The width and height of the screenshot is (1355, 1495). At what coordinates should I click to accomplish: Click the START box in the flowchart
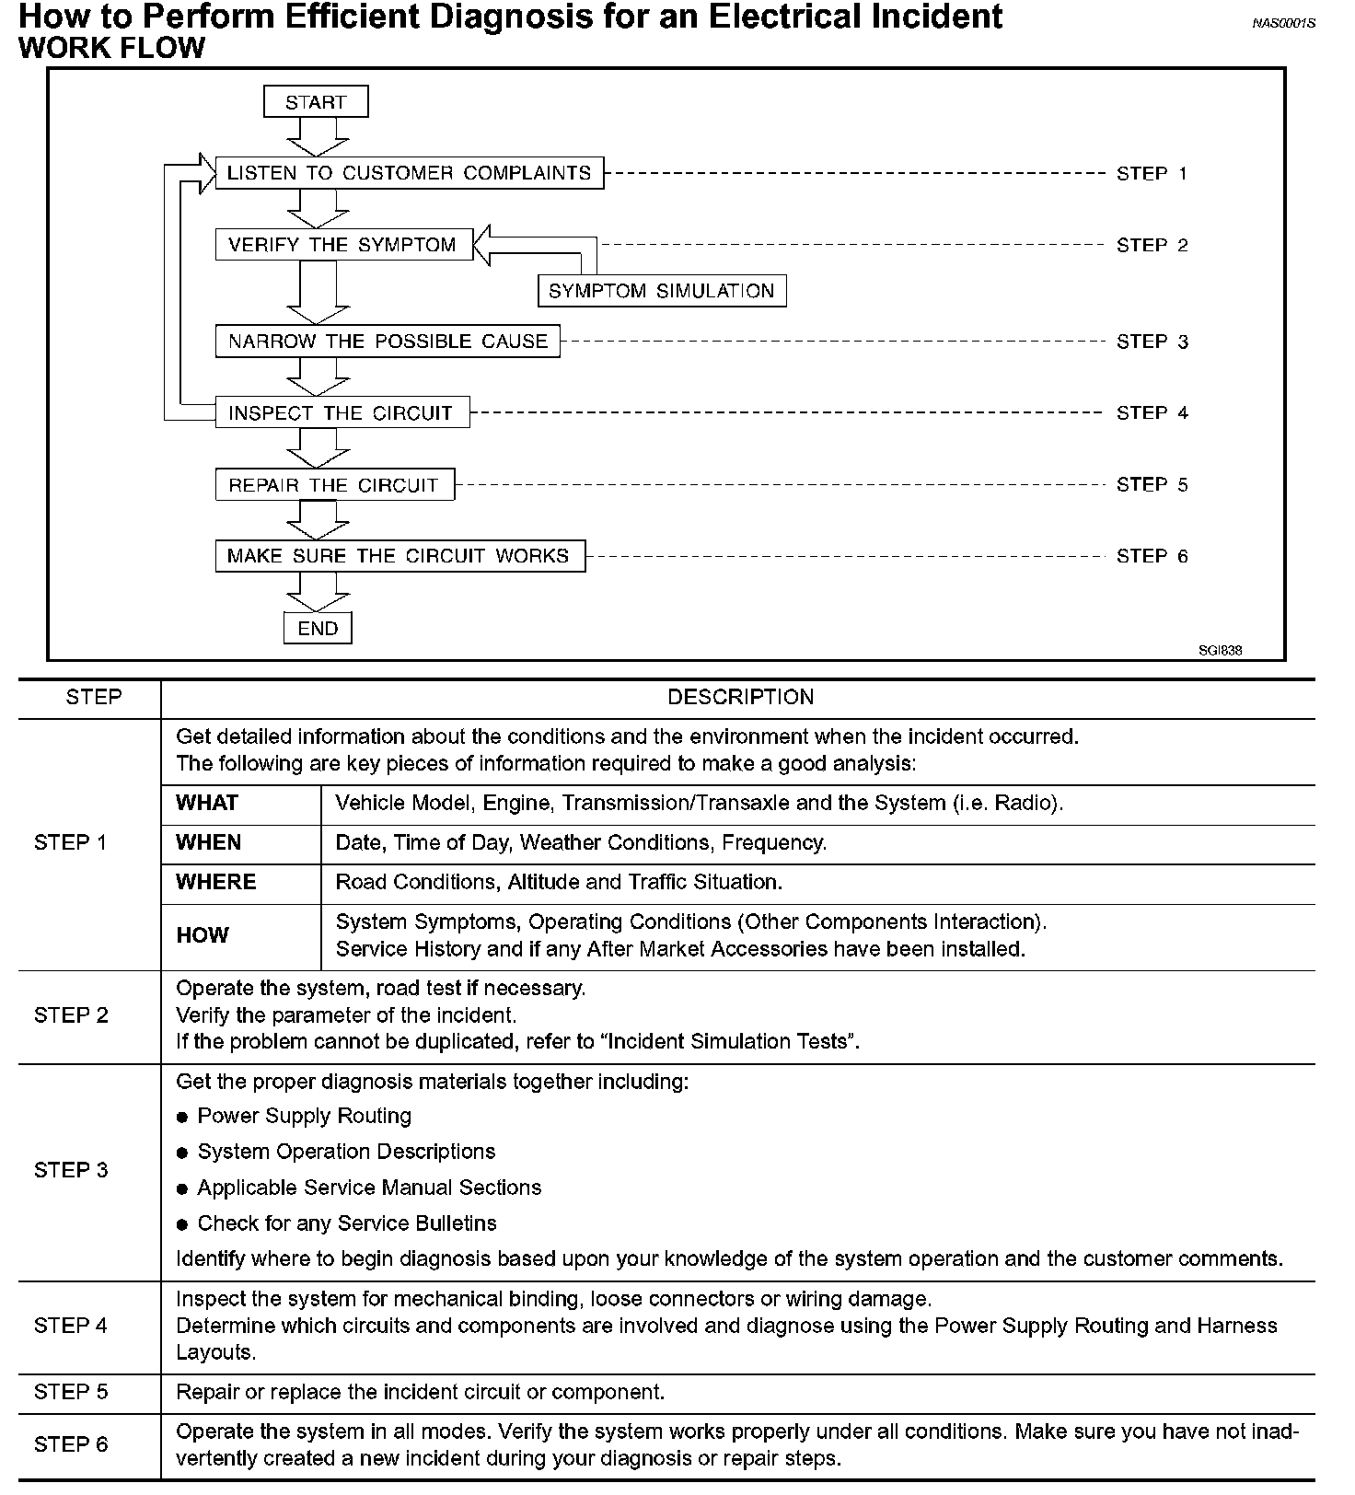[316, 102]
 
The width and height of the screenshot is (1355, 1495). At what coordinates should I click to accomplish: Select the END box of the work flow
[318, 629]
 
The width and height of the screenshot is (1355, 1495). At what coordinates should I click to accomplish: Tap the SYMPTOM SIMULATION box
[662, 291]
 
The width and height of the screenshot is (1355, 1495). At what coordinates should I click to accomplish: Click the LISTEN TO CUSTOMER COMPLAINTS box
[409, 173]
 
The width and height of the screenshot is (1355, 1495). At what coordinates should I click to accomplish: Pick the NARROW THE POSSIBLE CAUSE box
[388, 342]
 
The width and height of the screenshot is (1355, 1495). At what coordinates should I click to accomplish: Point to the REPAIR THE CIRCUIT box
[334, 485]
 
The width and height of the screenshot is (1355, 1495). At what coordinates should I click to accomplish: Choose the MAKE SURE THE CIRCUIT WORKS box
[400, 556]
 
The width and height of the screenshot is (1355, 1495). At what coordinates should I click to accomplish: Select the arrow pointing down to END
[318, 592]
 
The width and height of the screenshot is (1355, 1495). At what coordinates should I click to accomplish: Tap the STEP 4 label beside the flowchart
[1152, 413]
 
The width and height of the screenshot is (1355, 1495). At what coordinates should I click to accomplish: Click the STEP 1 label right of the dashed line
[1152, 173]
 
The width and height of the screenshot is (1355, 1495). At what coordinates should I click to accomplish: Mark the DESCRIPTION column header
[740, 698]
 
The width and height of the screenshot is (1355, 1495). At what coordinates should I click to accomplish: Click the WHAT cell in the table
[207, 803]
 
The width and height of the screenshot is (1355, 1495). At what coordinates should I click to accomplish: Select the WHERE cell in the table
[216, 882]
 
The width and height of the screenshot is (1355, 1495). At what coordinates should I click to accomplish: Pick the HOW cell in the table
[202, 935]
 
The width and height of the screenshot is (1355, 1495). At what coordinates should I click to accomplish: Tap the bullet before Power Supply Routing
[182, 1118]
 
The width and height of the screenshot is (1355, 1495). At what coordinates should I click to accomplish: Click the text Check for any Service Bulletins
[347, 1223]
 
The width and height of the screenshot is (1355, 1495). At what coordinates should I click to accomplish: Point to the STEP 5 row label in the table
[71, 1392]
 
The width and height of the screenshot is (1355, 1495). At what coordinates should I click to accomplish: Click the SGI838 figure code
[1220, 650]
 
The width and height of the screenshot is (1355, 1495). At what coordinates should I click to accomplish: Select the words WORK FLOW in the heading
[111, 48]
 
